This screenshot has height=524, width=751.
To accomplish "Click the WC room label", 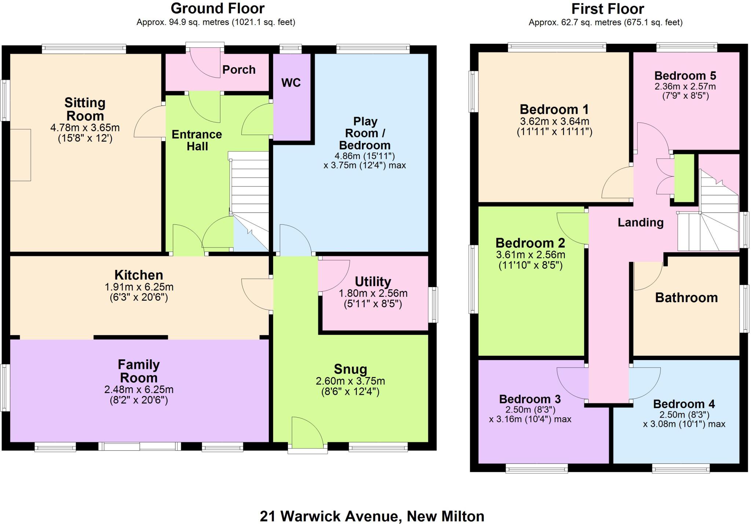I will tap(291, 83).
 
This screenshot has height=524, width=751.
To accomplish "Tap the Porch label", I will tap(239, 70).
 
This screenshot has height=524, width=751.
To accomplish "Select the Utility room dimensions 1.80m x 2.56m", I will tap(373, 293).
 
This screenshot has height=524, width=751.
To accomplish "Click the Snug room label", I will tap(350, 369).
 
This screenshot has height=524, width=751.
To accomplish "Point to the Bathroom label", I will tap(686, 298).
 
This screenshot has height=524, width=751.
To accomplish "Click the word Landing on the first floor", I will tap(641, 223).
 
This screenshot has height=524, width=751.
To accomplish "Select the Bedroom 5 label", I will tap(685, 76).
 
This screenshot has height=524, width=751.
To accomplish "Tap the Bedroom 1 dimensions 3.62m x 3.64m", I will tap(554, 121).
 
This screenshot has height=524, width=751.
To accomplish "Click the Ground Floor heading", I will tap(217, 8).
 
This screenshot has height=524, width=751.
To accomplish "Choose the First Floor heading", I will tap(608, 9).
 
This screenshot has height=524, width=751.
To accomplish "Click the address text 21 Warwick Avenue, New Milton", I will tap(372, 516).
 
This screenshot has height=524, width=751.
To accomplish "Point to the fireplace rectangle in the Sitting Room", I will tap(20, 155).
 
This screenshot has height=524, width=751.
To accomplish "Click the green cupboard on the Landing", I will tap(684, 178).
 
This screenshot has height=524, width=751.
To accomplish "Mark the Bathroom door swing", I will tap(647, 276).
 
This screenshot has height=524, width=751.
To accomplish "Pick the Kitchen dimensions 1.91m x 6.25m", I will tap(139, 287).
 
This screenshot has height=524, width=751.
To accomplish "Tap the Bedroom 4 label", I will tap(684, 404).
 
